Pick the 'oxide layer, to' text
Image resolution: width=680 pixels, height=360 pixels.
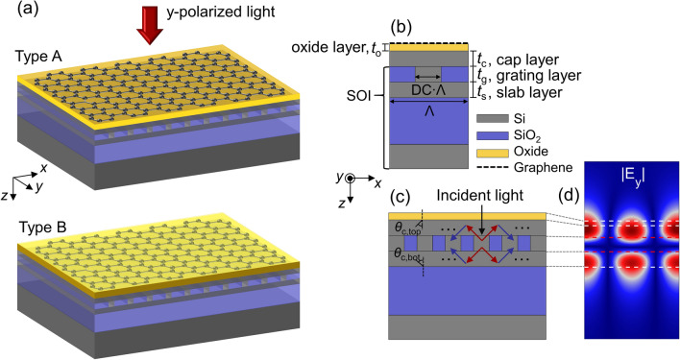click(333, 46)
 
